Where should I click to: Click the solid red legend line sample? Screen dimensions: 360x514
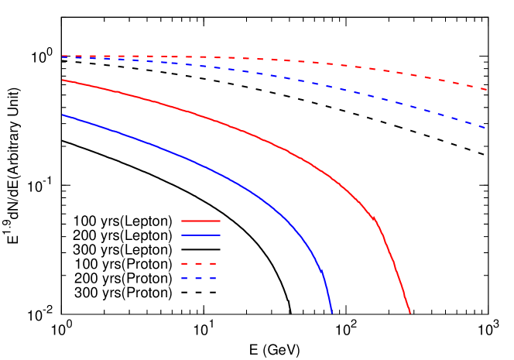[200, 221]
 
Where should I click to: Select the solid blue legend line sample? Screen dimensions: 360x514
[200, 235]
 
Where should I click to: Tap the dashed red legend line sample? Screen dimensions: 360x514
[198, 263]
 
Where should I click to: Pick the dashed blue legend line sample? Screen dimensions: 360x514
[198, 278]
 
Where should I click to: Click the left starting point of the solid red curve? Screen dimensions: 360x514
[63, 80]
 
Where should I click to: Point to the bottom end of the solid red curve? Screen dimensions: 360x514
[409, 312]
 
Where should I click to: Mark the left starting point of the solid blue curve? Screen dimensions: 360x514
[63, 115]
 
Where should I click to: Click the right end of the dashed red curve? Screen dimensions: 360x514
[486, 90]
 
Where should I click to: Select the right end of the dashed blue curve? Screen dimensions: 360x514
[485, 127]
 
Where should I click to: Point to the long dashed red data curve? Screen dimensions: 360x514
[310, 62]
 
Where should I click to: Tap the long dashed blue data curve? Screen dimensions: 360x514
[310, 81]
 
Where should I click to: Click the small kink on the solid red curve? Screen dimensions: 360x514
[375, 219]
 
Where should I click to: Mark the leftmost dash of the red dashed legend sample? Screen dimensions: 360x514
[185, 263]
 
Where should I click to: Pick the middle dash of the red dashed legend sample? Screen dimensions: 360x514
[198, 263]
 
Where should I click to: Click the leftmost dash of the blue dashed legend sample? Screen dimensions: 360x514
[185, 278]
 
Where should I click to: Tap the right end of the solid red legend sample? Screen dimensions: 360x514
[219, 221]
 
